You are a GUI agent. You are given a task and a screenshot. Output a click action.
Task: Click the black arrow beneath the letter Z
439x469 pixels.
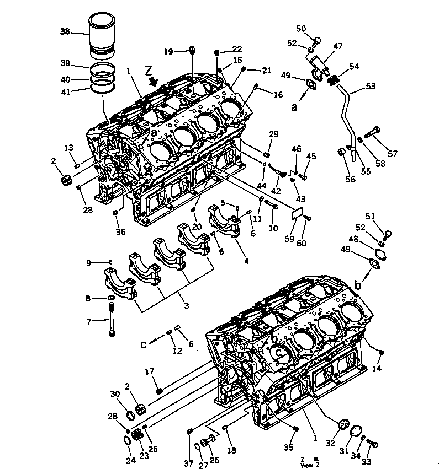[x=153, y=82]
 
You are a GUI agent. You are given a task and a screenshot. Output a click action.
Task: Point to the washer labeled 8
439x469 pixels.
[x=111, y=298]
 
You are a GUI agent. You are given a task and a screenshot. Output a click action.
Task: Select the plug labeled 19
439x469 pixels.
[x=192, y=51]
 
